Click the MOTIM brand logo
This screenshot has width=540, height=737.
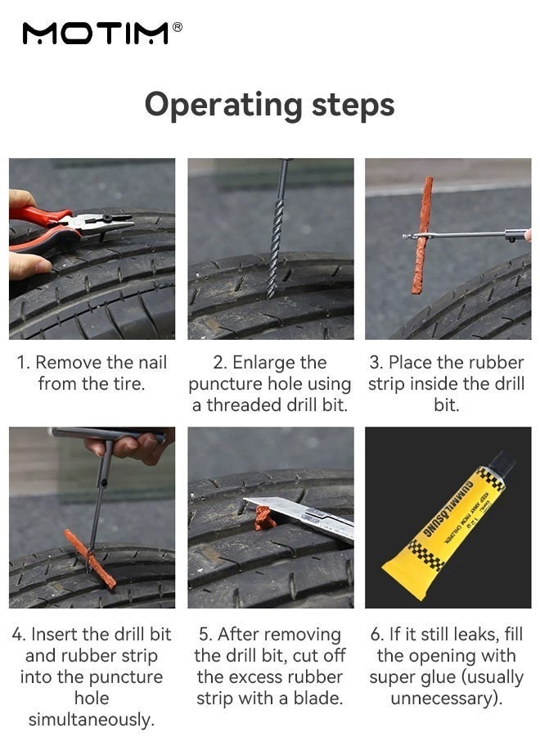pyautogui.click(x=96, y=34)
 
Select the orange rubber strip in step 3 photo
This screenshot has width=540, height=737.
pyautogui.click(x=421, y=235)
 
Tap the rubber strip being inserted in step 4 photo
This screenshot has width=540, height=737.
pyautogui.click(x=89, y=558)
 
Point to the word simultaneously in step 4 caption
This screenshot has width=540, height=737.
pyautogui.click(x=92, y=720)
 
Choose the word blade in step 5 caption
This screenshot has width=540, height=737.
pyautogui.click(x=318, y=698)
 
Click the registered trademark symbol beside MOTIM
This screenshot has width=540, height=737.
pyautogui.click(x=178, y=27)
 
